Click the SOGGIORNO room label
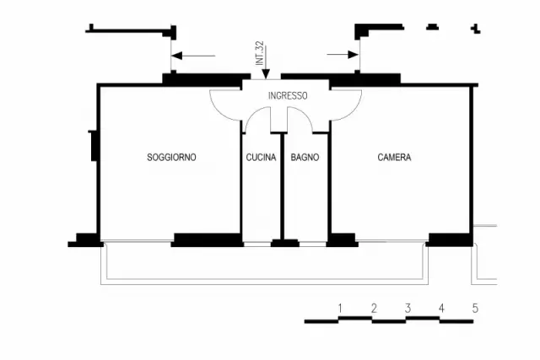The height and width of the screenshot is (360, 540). (x=171, y=158)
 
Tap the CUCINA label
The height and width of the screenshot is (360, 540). (x=261, y=158)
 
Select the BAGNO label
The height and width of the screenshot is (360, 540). (x=305, y=158)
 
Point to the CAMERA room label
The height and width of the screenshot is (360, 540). (x=394, y=158)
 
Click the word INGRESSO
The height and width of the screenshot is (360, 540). (x=288, y=95)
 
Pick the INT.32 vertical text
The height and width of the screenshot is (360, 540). (x=260, y=53)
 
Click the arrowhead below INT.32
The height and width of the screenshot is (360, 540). (x=266, y=74)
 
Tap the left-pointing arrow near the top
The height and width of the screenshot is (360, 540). (x=193, y=56)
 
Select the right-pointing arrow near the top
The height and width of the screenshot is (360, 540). (x=343, y=54)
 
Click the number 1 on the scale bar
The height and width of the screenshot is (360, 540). (x=340, y=308)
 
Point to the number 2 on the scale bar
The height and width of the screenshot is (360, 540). (x=374, y=308)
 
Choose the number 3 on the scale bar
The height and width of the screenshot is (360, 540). (x=408, y=308)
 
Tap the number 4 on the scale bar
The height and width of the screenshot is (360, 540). (x=441, y=308)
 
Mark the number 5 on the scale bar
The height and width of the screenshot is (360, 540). (x=475, y=308)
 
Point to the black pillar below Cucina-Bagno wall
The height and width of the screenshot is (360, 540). (x=285, y=243)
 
